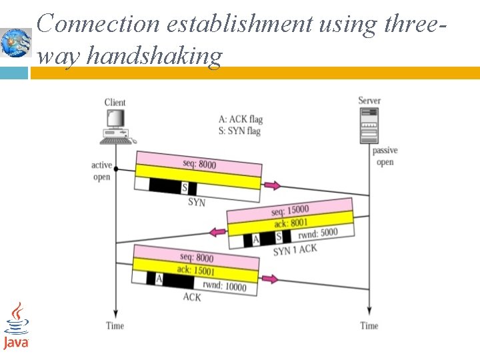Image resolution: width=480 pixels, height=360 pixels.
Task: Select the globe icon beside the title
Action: [x=15, y=43]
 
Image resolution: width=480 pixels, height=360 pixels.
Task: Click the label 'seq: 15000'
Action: [x=290, y=210]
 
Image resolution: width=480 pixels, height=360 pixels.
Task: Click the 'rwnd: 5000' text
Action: [x=317, y=233]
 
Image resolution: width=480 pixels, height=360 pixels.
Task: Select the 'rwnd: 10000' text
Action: [x=225, y=286]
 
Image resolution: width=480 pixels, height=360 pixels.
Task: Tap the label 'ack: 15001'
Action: [x=196, y=270]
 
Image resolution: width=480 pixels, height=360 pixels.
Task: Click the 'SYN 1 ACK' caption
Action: [x=295, y=250]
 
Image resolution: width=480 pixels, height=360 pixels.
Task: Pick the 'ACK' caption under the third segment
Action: [x=192, y=297]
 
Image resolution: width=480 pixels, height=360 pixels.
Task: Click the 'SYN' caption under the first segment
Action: [x=197, y=202]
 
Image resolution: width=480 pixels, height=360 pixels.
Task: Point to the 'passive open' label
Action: [x=385, y=157]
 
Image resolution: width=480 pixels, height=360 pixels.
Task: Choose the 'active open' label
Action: [x=101, y=171]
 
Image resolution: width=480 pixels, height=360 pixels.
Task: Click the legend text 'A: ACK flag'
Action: [x=241, y=119]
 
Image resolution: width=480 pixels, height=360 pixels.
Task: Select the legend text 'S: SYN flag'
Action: [x=239, y=131]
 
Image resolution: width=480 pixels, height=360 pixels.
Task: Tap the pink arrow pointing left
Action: [x=217, y=231]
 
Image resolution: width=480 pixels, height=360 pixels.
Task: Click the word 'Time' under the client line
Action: [x=115, y=326]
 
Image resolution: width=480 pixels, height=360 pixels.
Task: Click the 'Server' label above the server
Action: [x=369, y=101]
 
